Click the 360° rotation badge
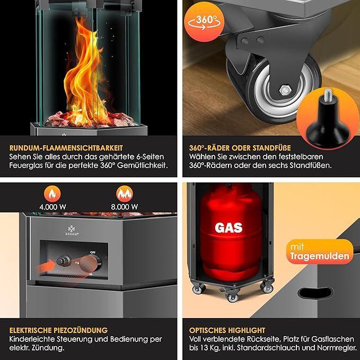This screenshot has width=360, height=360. pyautogui.click(x=204, y=22)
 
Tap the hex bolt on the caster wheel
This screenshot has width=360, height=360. pyautogui.click(x=285, y=90)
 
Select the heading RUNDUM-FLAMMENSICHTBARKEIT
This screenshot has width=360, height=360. pyautogui.click(x=66, y=147)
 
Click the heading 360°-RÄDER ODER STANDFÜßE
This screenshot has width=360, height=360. pyautogui.click(x=240, y=147)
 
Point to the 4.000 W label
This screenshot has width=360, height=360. pyautogui.click(x=52, y=207)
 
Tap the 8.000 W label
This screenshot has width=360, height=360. pyautogui.click(x=125, y=207)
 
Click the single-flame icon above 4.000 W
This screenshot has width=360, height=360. pyautogui.click(x=52, y=194)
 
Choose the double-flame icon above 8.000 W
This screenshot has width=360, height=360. pyautogui.click(x=125, y=194)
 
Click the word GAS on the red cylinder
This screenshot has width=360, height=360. pyautogui.click(x=229, y=227)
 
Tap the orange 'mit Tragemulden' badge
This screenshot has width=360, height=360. pyautogui.click(x=320, y=252)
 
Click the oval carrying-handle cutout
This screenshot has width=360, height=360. pyautogui.click(x=315, y=294)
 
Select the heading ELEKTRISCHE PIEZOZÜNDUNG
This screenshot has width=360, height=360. pyautogui.click(x=58, y=330)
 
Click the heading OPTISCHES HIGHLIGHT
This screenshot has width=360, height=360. pyautogui.click(x=227, y=330)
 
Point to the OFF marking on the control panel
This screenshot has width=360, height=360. pyautogui.click(x=93, y=252)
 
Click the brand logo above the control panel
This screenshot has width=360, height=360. pyautogui.click(x=71, y=231)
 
